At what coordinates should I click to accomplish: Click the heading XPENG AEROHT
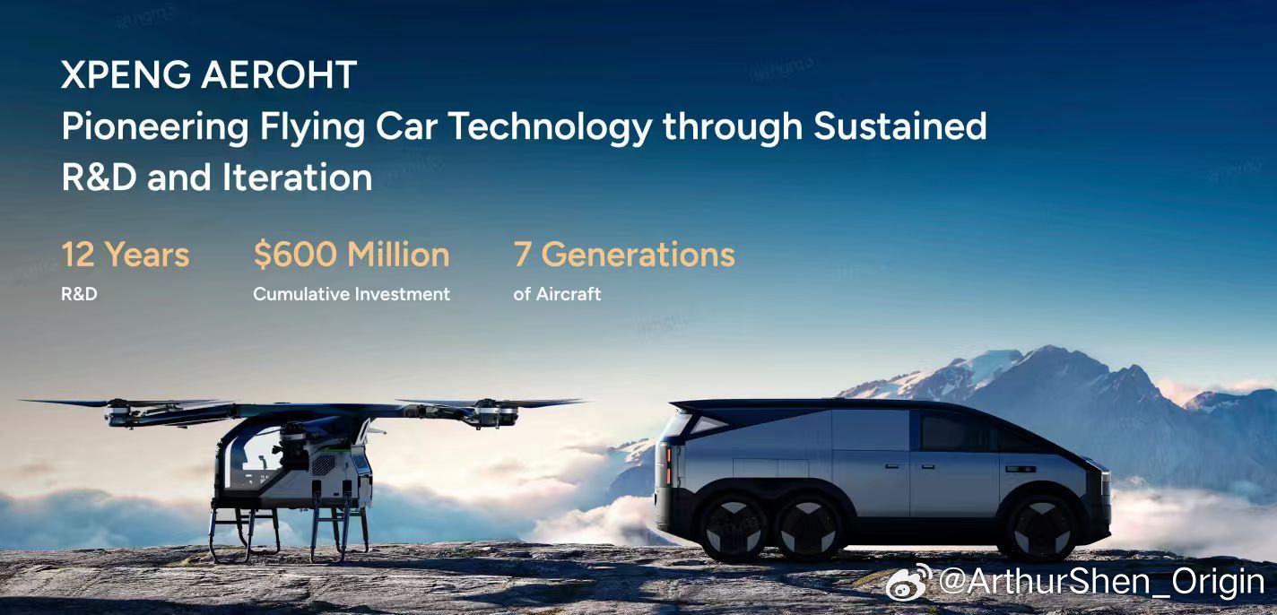209,74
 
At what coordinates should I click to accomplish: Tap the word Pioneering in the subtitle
155,127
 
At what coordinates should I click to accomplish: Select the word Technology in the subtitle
550,127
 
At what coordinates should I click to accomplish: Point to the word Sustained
900,126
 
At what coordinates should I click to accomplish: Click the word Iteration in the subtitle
297,178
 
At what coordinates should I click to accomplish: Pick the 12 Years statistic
126,255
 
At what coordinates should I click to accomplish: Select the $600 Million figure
352,255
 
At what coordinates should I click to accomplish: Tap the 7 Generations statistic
624,255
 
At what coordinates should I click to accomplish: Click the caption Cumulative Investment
352,294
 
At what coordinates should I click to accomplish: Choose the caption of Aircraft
557,294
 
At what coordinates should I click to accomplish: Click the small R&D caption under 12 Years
79,294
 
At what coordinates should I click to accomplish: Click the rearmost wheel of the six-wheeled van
734,528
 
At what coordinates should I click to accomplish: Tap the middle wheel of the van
808,528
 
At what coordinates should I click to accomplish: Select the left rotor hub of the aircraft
118,412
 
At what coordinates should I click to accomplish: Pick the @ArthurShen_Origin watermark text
1101,582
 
